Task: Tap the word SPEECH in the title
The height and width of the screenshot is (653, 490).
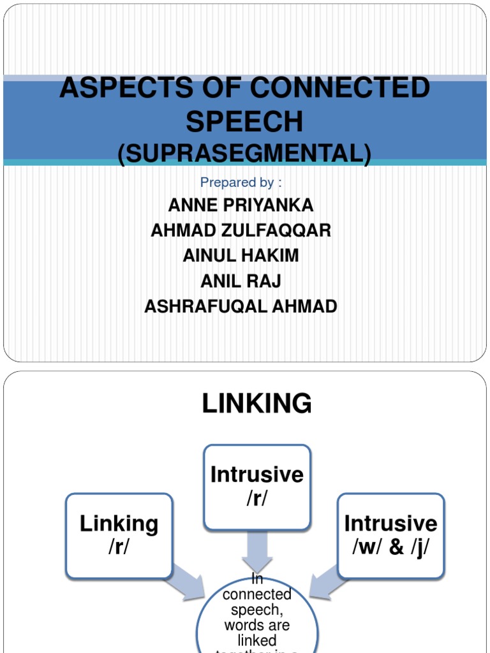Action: click(244, 121)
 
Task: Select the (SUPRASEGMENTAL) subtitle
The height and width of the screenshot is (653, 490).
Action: click(244, 154)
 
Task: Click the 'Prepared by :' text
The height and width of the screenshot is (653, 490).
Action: click(241, 182)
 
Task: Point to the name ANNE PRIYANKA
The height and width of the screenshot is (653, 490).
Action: click(241, 205)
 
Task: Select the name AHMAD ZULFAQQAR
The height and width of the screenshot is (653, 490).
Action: click(241, 230)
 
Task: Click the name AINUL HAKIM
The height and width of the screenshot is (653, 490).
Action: click(241, 256)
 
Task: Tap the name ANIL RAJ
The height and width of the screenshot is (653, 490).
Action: click(241, 281)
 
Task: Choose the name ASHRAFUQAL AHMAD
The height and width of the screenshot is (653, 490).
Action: click(241, 306)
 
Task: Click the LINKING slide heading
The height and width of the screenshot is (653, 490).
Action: click(257, 404)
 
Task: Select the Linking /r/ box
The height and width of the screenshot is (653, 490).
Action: click(119, 536)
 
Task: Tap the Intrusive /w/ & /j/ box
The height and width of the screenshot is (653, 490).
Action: click(390, 536)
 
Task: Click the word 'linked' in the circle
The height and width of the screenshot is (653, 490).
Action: click(257, 640)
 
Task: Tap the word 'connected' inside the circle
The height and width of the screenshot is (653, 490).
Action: click(257, 594)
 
